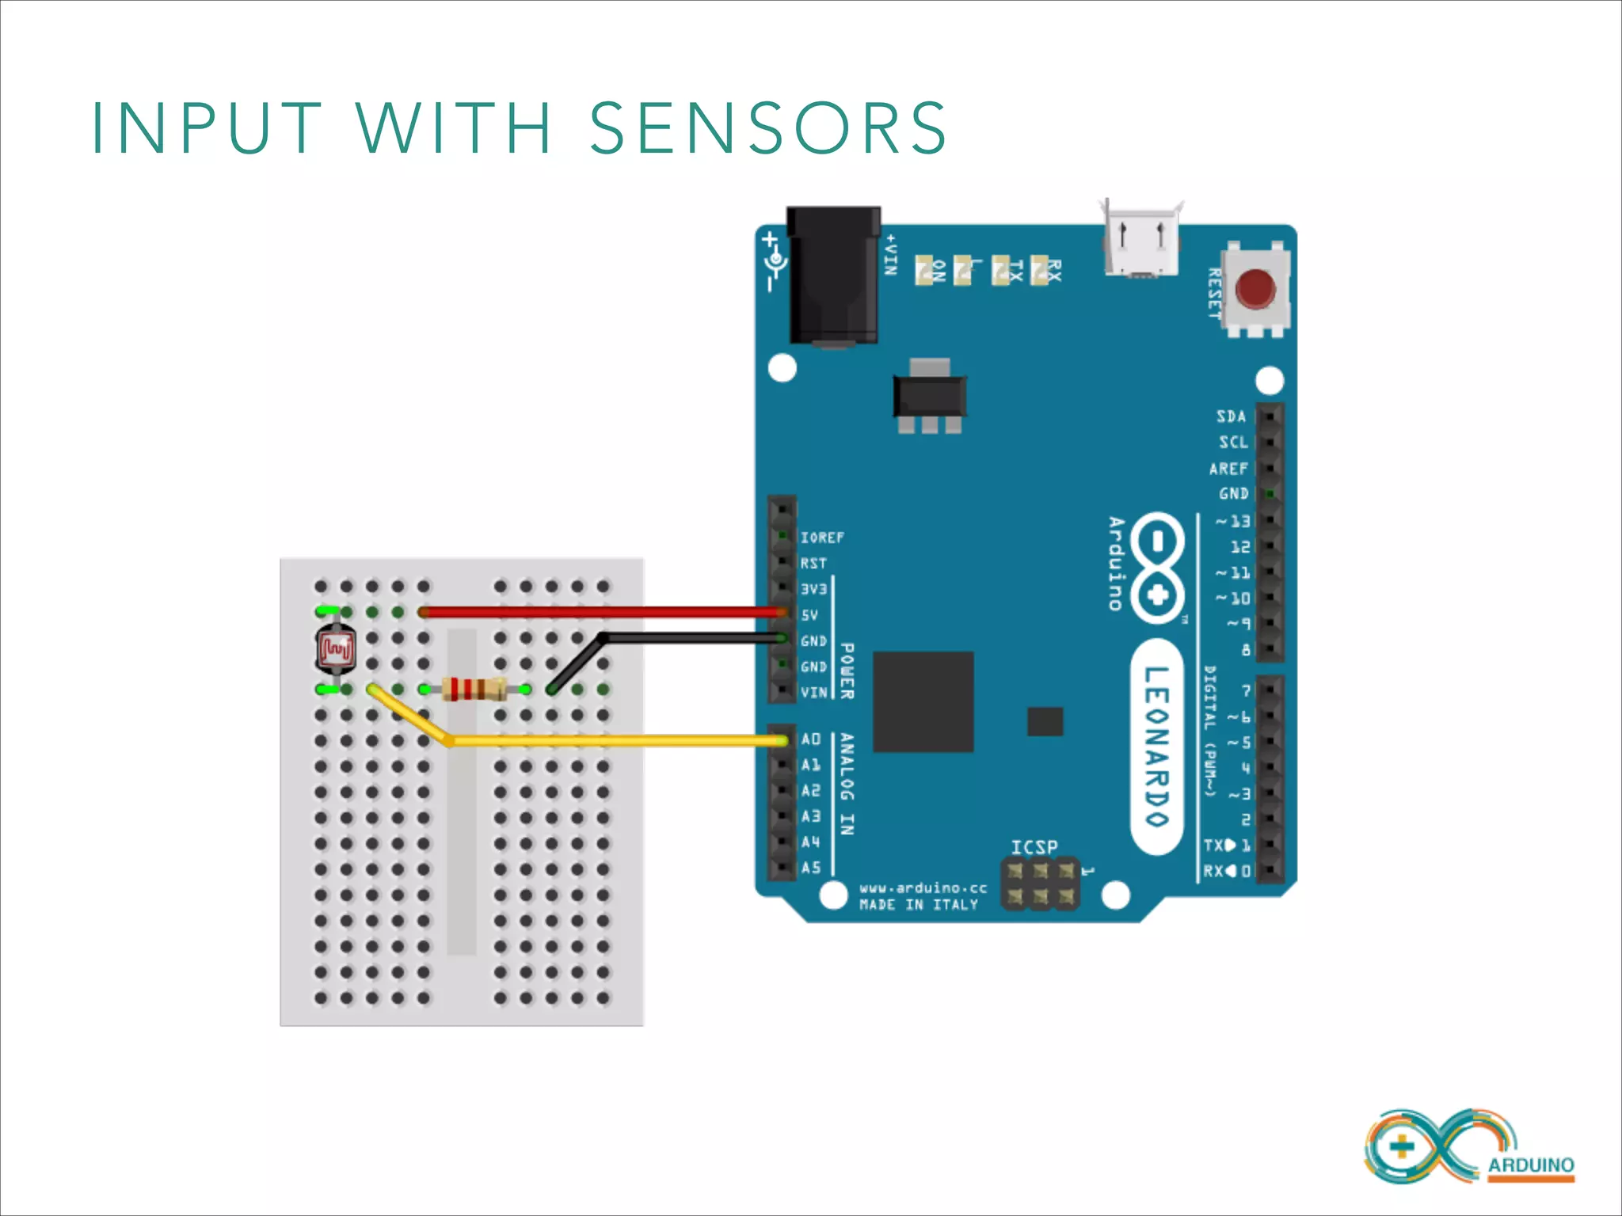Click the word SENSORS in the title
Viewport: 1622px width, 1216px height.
[768, 128]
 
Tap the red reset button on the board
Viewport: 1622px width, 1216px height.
[1255, 289]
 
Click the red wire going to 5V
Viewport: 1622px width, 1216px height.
[602, 611]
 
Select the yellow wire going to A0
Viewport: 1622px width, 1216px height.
[618, 741]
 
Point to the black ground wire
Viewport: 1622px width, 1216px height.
[689, 637]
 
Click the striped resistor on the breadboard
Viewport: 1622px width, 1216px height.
[474, 690]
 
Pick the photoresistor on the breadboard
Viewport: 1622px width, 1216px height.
[336, 649]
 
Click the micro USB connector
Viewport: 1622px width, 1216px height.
[1140, 241]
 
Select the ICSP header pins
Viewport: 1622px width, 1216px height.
[1041, 883]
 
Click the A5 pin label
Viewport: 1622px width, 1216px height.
[811, 868]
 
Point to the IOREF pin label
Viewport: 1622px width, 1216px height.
[822, 538]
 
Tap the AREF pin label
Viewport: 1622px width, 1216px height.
[1228, 469]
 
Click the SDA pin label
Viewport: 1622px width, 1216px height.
[1232, 416]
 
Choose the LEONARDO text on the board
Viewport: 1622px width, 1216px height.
[1156, 746]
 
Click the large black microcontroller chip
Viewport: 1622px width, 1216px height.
[923, 701]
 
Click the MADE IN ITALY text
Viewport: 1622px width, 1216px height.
[919, 905]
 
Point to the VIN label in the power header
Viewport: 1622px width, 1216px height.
[814, 693]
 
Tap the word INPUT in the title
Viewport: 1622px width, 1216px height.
[208, 128]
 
